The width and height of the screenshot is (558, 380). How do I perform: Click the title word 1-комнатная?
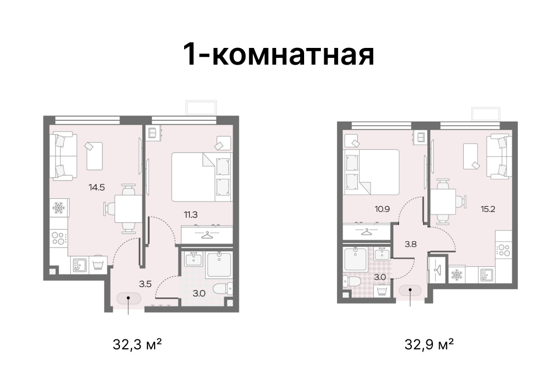[x=278, y=54]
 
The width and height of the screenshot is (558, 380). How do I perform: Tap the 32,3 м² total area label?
[x=137, y=344]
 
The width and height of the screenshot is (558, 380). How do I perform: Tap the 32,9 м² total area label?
[x=429, y=344]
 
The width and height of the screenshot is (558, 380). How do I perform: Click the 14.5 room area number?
[x=97, y=187]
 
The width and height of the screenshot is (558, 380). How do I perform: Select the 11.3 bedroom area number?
[x=190, y=215]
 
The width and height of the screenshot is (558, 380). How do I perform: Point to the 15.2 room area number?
[x=488, y=209]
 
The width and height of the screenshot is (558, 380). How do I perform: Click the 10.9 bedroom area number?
[x=382, y=209]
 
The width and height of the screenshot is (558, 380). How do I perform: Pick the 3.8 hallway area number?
[x=410, y=244]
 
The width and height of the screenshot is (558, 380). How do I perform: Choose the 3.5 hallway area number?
[x=145, y=284]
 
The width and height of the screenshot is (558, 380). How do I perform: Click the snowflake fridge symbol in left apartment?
[x=59, y=208]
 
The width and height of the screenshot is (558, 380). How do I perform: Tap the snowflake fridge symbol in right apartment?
[x=456, y=275]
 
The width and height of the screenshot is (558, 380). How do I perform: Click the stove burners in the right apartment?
[x=504, y=250]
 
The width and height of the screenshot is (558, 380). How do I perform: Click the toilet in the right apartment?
[x=352, y=281]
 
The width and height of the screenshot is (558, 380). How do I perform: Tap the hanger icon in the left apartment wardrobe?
[x=206, y=235]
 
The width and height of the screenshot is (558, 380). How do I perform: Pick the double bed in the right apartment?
[x=371, y=172]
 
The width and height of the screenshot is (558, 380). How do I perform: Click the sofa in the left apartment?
[x=63, y=155]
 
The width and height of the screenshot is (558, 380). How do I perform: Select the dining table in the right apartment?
[x=444, y=202]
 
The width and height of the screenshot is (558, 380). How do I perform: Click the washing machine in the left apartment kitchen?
[x=98, y=265]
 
